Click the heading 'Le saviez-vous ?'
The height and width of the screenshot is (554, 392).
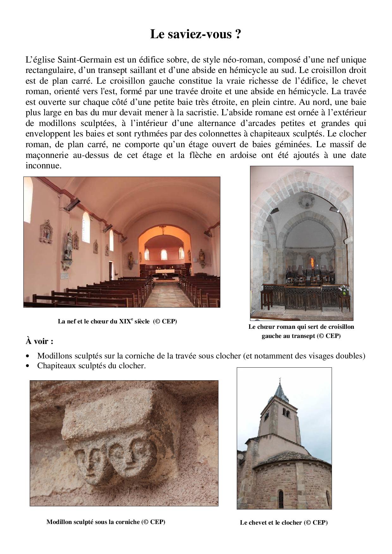point(196,34)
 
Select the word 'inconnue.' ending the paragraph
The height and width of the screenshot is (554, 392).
point(43,166)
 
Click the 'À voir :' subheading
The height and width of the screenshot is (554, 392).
point(39,341)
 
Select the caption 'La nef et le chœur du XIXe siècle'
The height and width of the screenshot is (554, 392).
point(117,322)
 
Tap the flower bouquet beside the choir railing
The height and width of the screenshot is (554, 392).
point(343,289)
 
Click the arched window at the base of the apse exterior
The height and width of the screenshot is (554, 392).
point(281,499)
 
